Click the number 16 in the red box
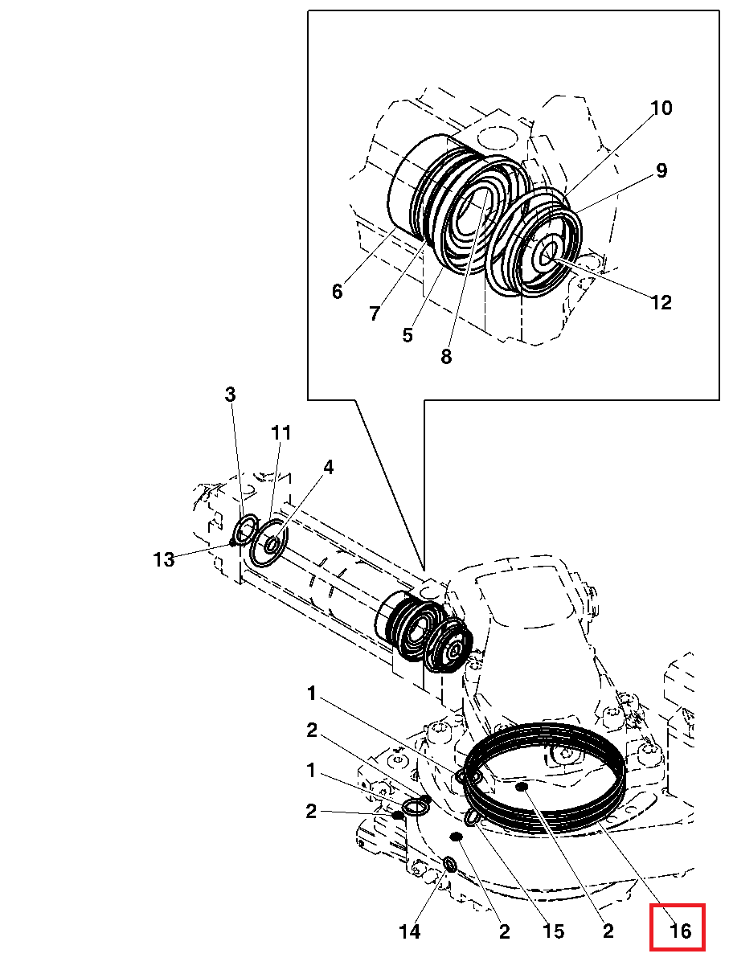(679, 931)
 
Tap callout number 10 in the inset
(661, 108)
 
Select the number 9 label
(661, 170)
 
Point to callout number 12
(661, 302)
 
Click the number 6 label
(337, 292)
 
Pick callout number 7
(374, 313)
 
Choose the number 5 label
(408, 334)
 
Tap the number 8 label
(446, 356)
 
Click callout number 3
(230, 395)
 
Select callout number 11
(280, 433)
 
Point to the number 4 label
(329, 468)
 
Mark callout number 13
(164, 559)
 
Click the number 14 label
(409, 931)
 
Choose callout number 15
(553, 931)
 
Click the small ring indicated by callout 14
(450, 865)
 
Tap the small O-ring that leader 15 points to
(473, 817)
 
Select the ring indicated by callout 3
(245, 530)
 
